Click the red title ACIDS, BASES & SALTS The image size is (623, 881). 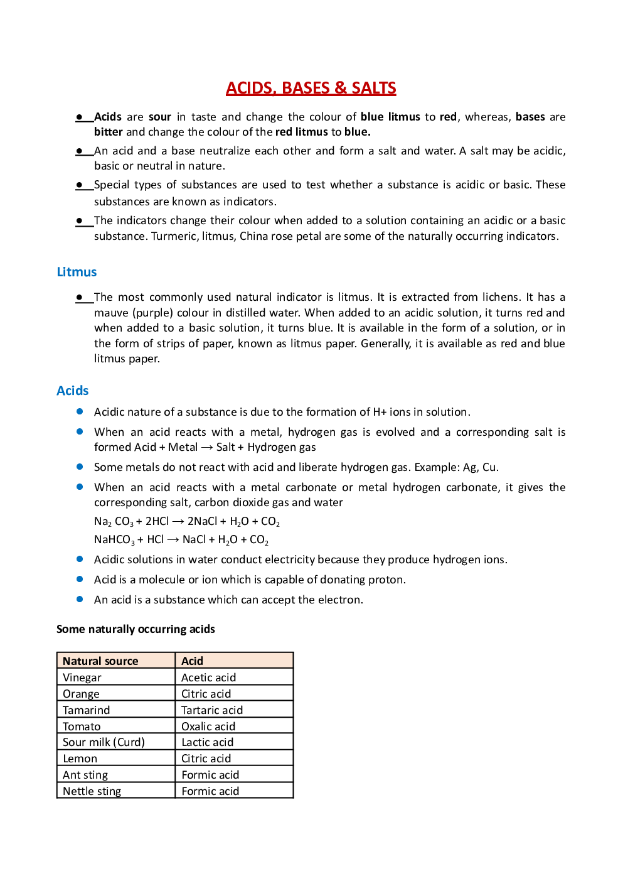[x=311, y=88]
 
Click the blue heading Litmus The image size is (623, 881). [x=77, y=272]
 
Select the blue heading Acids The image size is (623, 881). [x=72, y=391]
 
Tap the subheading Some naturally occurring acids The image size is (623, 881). [x=136, y=629]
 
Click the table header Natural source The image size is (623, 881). [x=100, y=661]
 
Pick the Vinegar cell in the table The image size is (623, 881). [x=82, y=678]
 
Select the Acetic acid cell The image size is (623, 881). [x=208, y=678]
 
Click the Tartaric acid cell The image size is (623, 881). [x=211, y=710]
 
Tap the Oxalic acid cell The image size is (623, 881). [x=208, y=727]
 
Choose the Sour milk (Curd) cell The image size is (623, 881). [x=104, y=742]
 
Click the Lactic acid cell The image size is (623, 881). [x=207, y=742]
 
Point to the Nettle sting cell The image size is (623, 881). [x=92, y=791]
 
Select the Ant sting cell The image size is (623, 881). [x=85, y=775]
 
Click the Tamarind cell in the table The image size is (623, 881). [x=86, y=710]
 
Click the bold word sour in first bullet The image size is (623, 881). [x=159, y=117]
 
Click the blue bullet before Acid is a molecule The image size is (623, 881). [x=80, y=579]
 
